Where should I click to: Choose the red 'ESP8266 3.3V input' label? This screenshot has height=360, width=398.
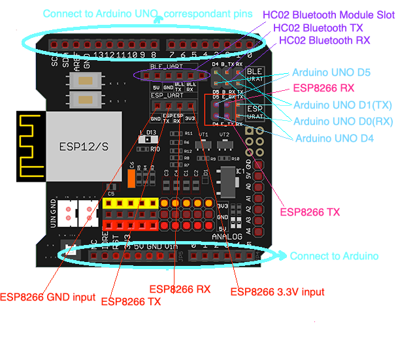point(277,291)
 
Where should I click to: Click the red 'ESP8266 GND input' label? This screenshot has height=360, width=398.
point(47,297)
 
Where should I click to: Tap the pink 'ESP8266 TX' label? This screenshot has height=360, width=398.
point(310,211)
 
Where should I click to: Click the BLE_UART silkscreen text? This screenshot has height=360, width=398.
point(163,67)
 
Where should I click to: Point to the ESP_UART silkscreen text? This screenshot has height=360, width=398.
point(165,96)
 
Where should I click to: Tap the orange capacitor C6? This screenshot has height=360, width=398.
point(131,178)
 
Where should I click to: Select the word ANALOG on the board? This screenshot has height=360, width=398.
point(227,236)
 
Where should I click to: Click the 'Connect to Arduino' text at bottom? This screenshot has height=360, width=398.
point(334,255)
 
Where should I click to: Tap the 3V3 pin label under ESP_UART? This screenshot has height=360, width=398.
point(190,118)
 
